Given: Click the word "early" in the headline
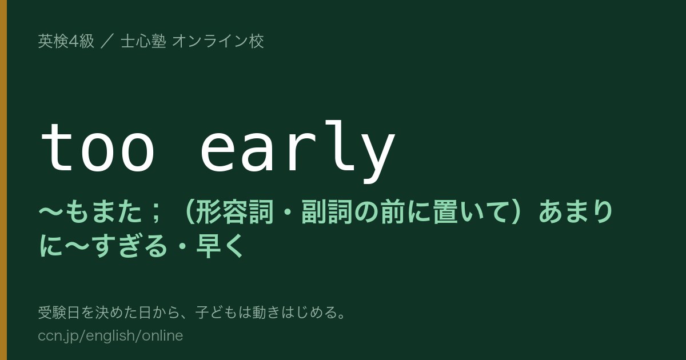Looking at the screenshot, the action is [297, 152].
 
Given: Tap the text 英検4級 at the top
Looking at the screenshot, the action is [66, 41].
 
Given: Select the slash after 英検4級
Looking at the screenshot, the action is [107, 41].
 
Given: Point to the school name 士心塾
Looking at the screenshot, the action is [143, 41].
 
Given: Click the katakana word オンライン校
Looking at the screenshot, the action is [218, 41].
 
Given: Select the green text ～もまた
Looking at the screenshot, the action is [91, 212].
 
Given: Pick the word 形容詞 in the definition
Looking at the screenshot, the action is [234, 212].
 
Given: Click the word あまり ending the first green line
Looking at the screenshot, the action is [576, 212].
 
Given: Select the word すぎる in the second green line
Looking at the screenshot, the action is [131, 246].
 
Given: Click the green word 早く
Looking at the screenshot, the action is [220, 246].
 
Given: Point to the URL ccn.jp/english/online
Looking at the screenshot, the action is [110, 335].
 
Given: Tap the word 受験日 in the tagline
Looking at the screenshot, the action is [59, 313].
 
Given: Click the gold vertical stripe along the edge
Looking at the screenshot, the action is [3, 180].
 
